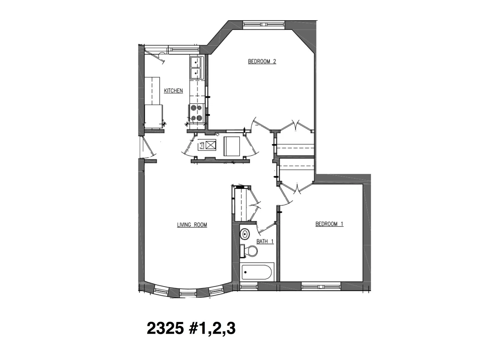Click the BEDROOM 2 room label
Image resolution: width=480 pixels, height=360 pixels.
tap(262, 61)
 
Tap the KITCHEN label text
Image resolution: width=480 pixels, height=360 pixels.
tap(173, 91)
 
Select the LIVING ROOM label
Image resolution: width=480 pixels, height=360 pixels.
tap(192, 225)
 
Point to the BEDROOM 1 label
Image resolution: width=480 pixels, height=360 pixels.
tap(329, 224)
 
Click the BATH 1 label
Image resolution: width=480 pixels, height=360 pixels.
tap(265, 241)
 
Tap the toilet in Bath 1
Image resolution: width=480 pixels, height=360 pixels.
tap(250, 251)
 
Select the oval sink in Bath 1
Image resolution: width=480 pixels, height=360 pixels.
tap(245, 234)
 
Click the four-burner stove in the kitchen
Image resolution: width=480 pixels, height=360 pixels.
tap(196, 113)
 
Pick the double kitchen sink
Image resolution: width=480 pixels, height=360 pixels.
tap(196, 68)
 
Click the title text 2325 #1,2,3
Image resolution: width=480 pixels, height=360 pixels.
tap(191, 329)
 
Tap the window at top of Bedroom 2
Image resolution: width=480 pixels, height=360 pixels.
tap(264, 24)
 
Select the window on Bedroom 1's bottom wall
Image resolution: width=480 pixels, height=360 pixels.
tap(321, 286)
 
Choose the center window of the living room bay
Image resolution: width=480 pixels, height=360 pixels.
tap(188, 293)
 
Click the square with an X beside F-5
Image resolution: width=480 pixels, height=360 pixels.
tap(211, 145)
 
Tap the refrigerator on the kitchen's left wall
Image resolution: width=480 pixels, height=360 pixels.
tap(153, 116)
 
